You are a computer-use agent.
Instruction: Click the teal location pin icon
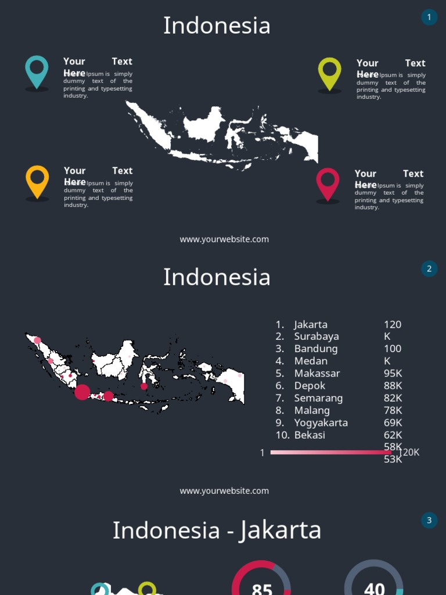click(x=37, y=71)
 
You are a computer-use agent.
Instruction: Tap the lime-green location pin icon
click(x=329, y=73)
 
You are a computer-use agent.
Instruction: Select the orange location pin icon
click(x=37, y=181)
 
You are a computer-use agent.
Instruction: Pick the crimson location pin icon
click(x=328, y=183)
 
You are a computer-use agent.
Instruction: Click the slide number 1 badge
click(x=429, y=17)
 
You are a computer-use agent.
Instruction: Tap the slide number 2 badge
click(x=429, y=268)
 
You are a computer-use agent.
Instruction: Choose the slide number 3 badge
click(x=429, y=520)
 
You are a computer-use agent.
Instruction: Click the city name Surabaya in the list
click(x=316, y=336)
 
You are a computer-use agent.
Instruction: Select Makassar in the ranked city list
click(x=317, y=373)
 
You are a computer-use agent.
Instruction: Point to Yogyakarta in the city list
click(x=321, y=422)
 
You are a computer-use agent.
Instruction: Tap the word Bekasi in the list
click(x=310, y=435)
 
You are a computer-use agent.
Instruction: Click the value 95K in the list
click(x=393, y=373)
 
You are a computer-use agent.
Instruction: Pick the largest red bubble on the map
click(x=82, y=392)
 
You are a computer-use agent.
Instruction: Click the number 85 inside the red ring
click(x=262, y=588)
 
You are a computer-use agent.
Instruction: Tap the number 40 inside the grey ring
click(x=375, y=588)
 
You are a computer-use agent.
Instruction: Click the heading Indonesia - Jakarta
click(x=217, y=530)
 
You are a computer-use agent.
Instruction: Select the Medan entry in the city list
click(x=311, y=361)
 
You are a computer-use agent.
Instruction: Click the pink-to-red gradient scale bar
click(x=330, y=452)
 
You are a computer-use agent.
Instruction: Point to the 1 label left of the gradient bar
click(x=262, y=453)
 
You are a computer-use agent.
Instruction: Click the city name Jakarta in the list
click(x=311, y=324)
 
